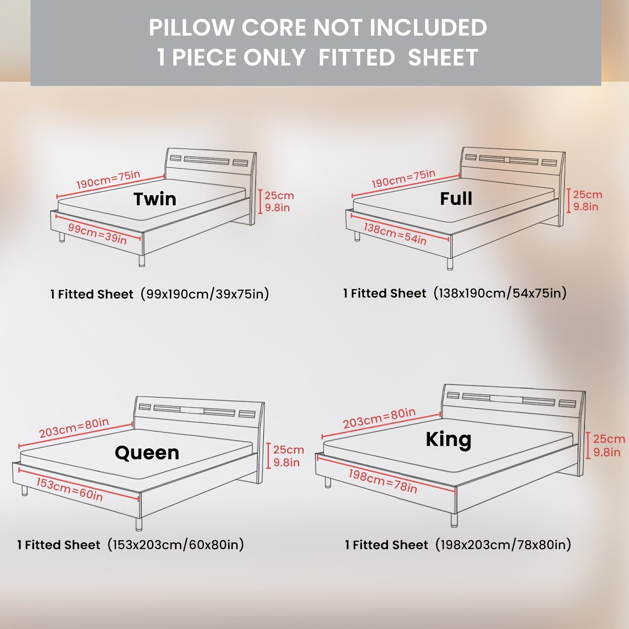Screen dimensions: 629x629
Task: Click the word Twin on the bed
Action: point(155,199)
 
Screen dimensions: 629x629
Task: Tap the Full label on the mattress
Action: point(456,198)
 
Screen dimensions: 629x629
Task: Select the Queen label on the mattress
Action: point(147,453)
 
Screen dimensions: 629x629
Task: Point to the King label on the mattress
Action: point(448,439)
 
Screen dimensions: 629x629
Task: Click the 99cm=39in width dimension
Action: point(97,234)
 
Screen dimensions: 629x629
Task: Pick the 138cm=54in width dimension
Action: point(395,234)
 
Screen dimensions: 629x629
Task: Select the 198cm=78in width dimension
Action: point(383,481)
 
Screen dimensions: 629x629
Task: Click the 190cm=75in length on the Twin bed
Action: point(108,179)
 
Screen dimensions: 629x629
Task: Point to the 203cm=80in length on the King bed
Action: point(379,418)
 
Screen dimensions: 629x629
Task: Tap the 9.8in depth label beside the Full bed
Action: point(586,207)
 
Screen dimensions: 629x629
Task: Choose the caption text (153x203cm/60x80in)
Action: point(176,545)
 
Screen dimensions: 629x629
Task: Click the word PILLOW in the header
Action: point(191,27)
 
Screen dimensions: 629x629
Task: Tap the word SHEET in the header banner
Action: point(443,57)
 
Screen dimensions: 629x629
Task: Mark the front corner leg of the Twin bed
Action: point(142,261)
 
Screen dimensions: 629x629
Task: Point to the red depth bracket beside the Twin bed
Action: point(260,201)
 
